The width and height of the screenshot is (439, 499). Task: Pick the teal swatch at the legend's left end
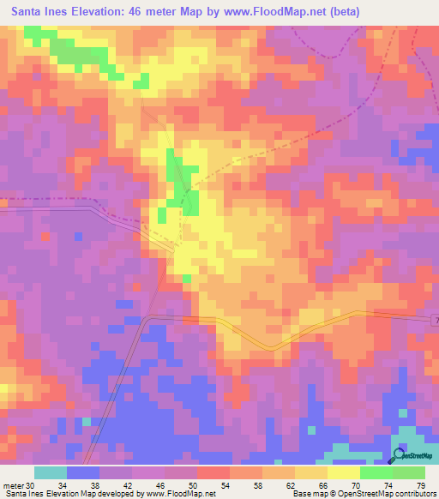point(51,473)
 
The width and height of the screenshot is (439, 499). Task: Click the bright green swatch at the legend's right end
point(409,473)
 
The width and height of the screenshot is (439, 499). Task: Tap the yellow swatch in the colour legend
point(343,473)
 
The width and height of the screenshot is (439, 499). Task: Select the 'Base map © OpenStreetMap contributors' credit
point(364,494)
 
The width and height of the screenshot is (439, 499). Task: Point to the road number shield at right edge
point(435,320)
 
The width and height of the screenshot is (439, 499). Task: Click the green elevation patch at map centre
point(183,185)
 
